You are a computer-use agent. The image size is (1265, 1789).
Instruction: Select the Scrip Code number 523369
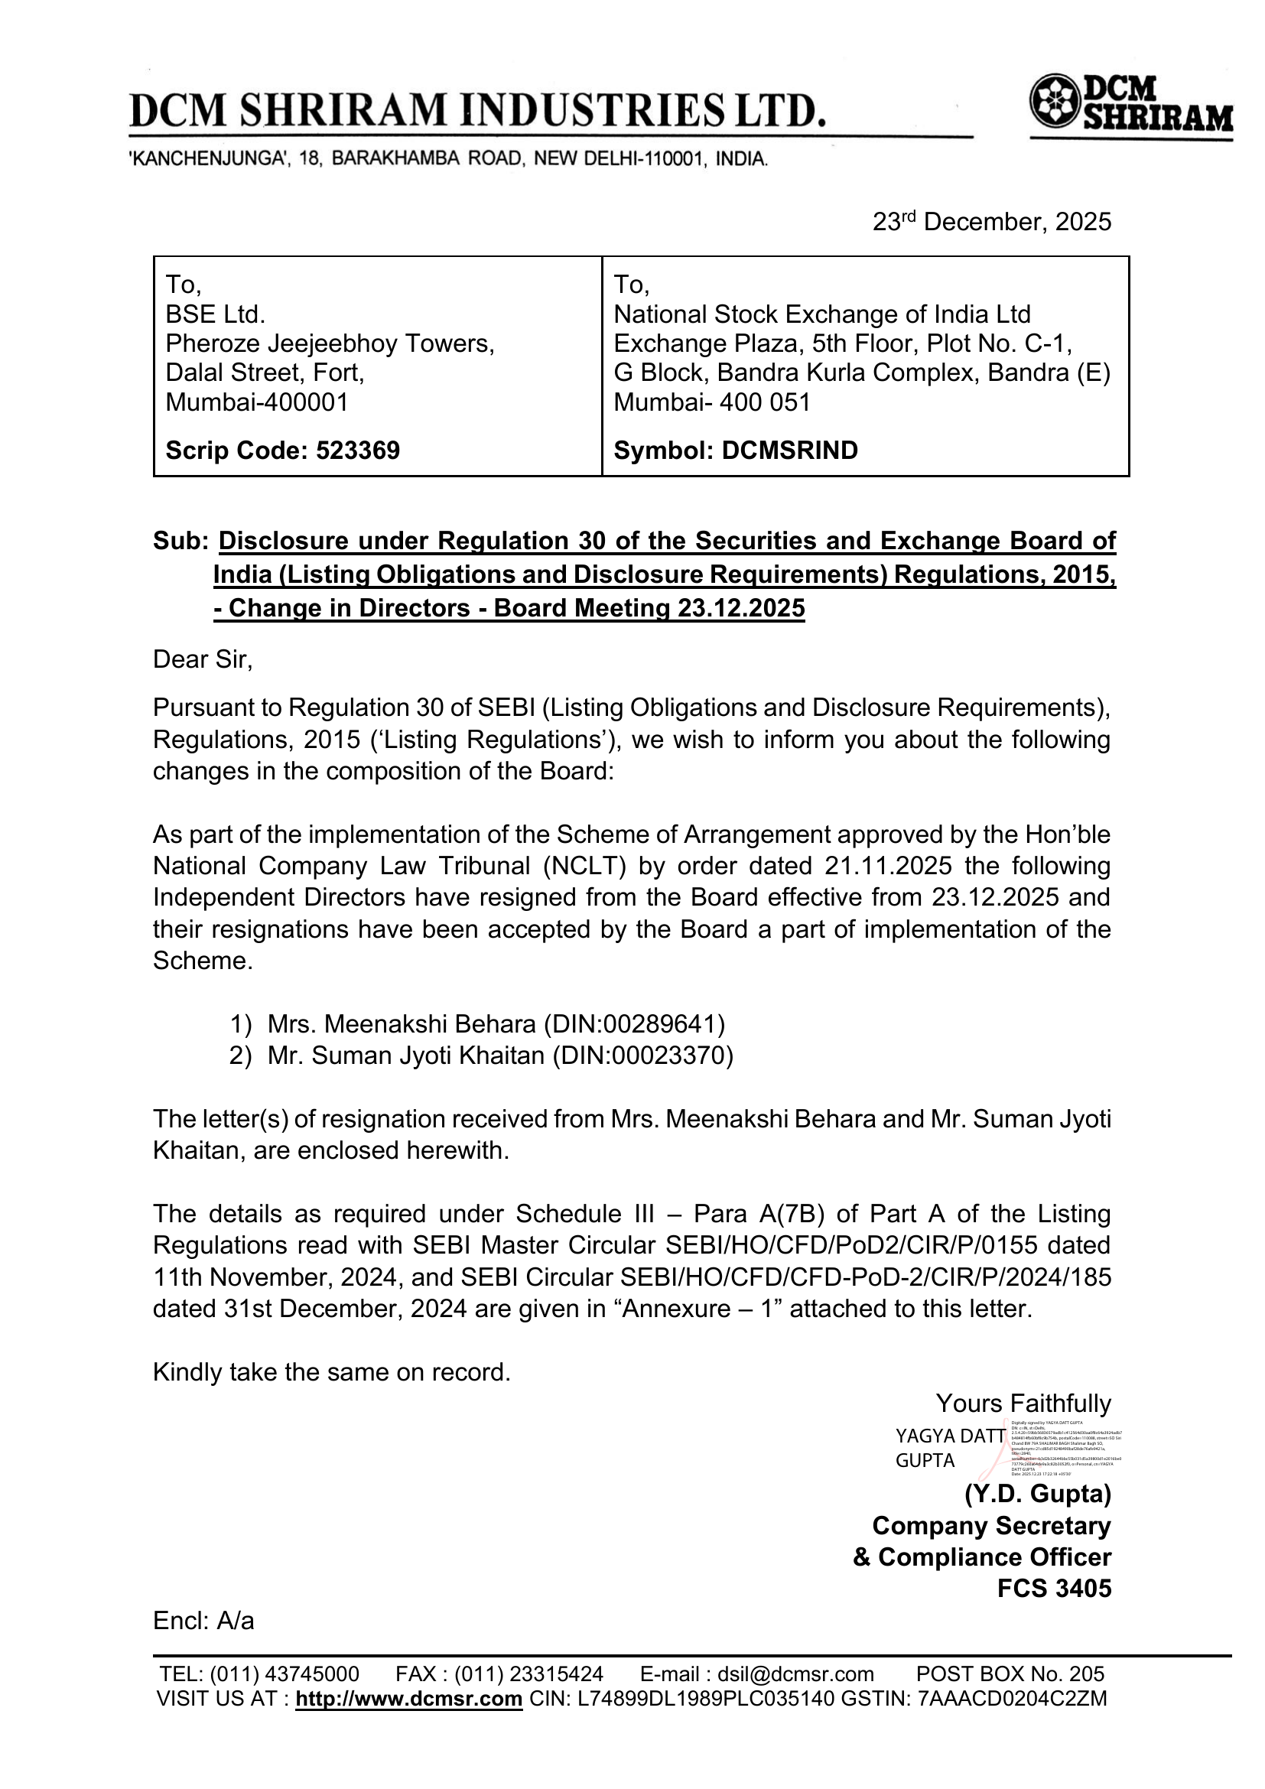coord(357,451)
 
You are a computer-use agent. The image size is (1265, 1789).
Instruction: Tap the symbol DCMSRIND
coord(790,451)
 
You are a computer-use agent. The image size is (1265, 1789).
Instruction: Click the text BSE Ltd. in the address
coord(215,315)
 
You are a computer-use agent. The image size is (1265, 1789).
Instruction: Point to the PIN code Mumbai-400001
coord(257,402)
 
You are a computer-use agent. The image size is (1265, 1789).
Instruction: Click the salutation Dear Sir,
coord(203,660)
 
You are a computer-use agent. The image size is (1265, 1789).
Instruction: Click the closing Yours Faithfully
coord(1023,1404)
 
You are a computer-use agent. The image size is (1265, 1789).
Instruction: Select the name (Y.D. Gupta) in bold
coord(1038,1495)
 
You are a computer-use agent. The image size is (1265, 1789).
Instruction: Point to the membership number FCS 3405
coord(1054,1589)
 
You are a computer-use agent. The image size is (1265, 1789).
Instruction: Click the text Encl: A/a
coord(203,1621)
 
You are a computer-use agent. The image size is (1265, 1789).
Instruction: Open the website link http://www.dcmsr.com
coord(409,1700)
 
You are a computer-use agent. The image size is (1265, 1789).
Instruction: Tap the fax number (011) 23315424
coord(529,1674)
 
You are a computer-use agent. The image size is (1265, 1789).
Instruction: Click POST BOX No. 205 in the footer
coord(1010,1674)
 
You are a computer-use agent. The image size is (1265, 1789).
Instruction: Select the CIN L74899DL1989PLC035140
coord(706,1700)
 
